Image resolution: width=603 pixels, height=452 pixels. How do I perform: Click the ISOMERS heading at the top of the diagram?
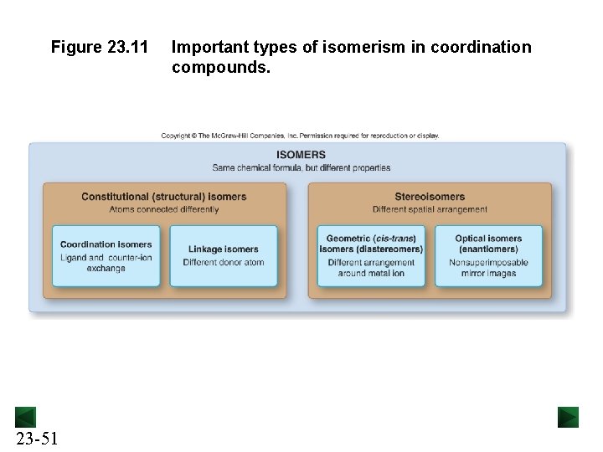coord(301,155)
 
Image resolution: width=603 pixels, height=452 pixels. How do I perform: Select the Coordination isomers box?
coord(106,256)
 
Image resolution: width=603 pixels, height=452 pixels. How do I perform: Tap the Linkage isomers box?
coord(224,256)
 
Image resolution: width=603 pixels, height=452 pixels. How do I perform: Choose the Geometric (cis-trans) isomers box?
coord(371,256)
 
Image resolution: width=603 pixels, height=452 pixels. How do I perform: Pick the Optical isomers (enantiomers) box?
coord(488,256)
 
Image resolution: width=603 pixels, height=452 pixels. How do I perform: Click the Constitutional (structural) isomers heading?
coord(164,197)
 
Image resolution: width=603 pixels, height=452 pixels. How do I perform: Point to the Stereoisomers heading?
coord(430,197)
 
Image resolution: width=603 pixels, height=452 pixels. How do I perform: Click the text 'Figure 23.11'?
coord(100,48)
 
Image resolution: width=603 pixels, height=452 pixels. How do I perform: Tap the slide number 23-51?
coord(36,438)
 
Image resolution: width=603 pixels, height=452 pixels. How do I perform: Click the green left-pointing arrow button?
coord(25,417)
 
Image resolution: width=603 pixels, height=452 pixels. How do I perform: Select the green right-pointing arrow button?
coord(569,417)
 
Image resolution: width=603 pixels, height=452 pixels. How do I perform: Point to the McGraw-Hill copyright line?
coord(300,136)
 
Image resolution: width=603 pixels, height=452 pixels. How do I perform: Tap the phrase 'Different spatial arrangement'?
coord(430,209)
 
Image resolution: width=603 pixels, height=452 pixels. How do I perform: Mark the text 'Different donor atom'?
coord(224,262)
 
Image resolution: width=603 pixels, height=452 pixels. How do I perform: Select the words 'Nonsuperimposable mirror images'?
coord(488,268)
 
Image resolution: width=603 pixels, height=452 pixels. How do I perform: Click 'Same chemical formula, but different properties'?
coord(301,167)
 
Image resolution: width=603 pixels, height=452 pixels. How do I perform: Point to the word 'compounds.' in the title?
coord(221,68)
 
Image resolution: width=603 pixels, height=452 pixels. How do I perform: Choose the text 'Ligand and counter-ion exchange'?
coord(106,263)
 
